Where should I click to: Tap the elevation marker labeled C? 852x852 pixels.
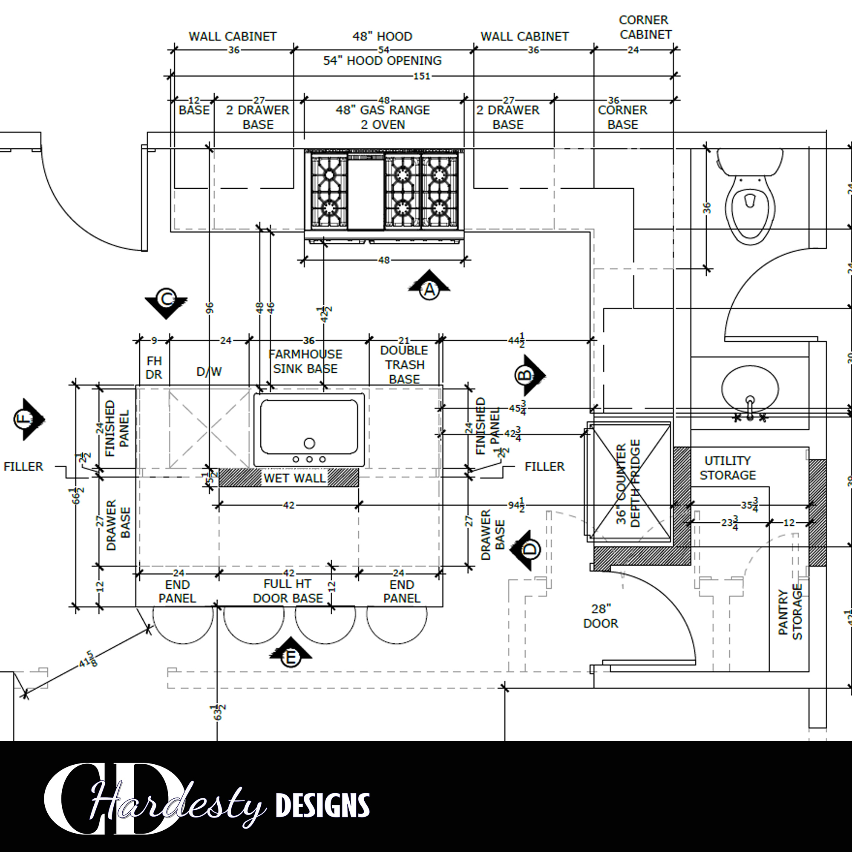[166, 299]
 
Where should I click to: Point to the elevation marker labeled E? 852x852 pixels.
[290, 658]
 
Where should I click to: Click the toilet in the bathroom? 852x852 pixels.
[750, 199]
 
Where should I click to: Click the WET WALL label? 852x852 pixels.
[294, 478]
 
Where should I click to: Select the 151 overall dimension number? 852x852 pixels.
[422, 76]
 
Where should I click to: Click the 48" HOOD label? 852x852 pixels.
[382, 37]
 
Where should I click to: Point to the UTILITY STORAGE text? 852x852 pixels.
[728, 468]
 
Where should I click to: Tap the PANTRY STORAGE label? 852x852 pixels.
[790, 613]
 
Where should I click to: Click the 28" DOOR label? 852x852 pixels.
[600, 616]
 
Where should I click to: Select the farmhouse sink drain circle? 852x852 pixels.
[310, 443]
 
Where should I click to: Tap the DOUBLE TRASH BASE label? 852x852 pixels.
[404, 365]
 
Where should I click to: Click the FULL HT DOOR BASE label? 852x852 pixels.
[288, 591]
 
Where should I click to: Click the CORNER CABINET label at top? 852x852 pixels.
[645, 27]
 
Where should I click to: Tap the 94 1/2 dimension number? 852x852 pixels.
[516, 505]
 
